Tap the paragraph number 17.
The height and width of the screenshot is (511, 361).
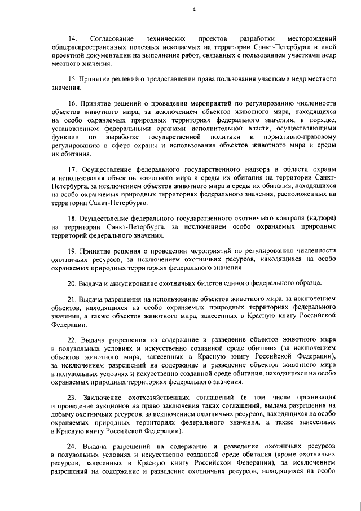click(x=71, y=169)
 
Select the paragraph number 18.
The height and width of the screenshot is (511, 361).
click(x=71, y=217)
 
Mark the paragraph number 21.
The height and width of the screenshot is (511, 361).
click(x=71, y=298)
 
